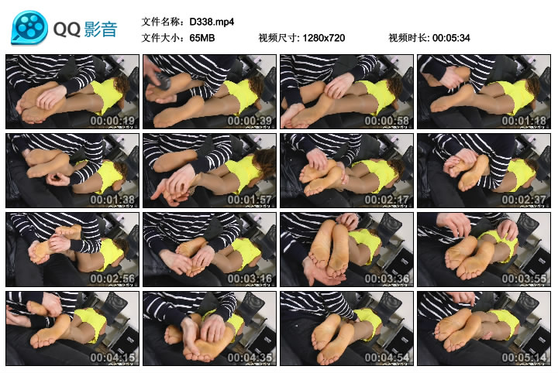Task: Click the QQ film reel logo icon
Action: pyautogui.click(x=29, y=28)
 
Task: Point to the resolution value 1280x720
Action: pyautogui.click(x=323, y=37)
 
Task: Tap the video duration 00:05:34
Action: pyautogui.click(x=451, y=37)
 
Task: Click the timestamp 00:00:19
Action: pyautogui.click(x=113, y=121)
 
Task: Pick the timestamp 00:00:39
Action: pyautogui.click(x=250, y=121)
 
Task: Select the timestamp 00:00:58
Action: pyautogui.click(x=387, y=121)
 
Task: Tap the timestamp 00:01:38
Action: pyautogui.click(x=113, y=200)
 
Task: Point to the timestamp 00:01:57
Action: pyautogui.click(x=250, y=200)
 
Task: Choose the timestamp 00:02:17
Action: pyautogui.click(x=387, y=200)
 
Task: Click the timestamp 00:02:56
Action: pyautogui.click(x=113, y=279)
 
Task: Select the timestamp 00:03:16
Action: pyautogui.click(x=250, y=279)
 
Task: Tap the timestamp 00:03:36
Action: pyautogui.click(x=387, y=279)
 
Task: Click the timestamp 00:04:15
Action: pyautogui.click(x=113, y=358)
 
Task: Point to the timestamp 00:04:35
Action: pyautogui.click(x=250, y=358)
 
